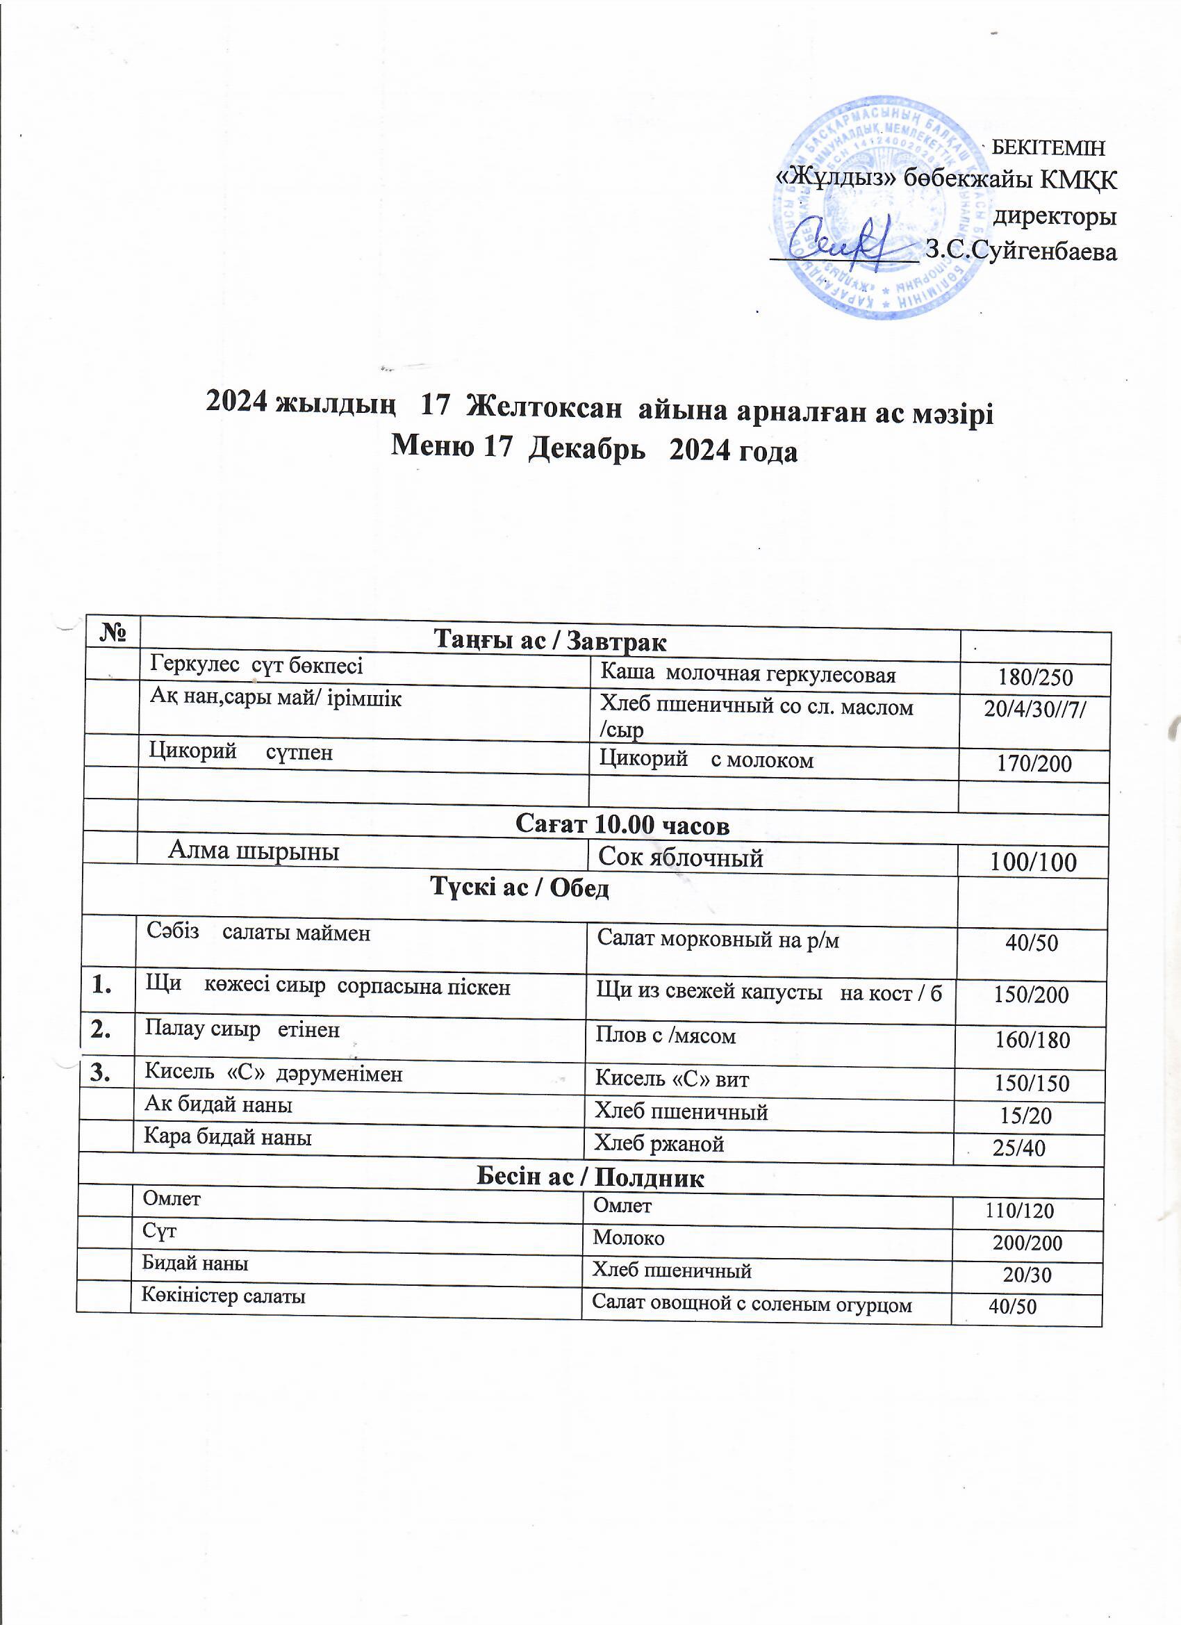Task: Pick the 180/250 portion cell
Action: (1035, 678)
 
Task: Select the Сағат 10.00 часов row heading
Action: (622, 826)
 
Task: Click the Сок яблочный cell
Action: (680, 857)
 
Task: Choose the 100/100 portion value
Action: (1033, 862)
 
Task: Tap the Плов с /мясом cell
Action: (666, 1036)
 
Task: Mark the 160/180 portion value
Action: (1032, 1040)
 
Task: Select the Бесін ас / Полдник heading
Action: (590, 1178)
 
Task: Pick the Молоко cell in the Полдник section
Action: (629, 1237)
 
